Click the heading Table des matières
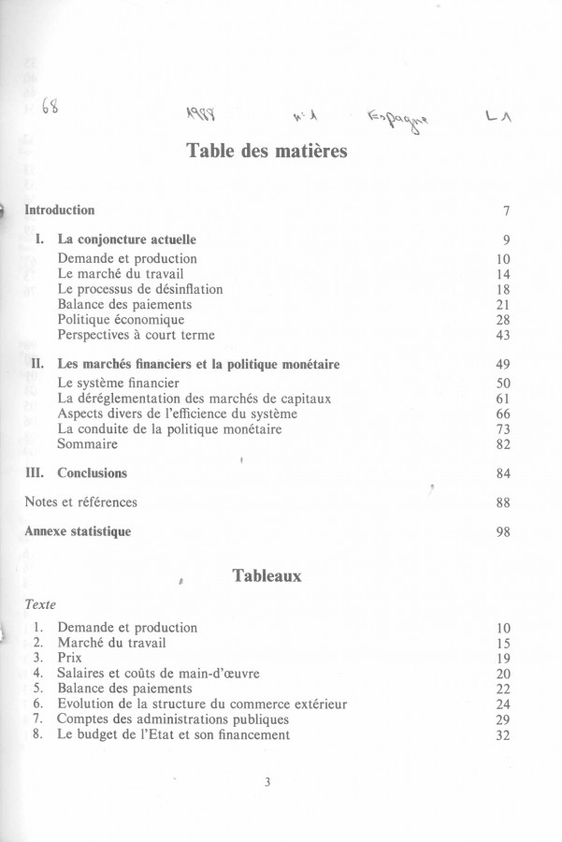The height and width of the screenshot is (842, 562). [x=267, y=151]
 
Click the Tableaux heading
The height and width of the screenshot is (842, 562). [x=267, y=576]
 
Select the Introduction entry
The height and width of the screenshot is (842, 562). [x=59, y=210]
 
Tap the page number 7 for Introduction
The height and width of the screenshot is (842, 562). [x=505, y=211]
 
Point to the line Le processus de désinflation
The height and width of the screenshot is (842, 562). [x=140, y=289]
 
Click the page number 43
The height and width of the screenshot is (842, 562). [x=502, y=335]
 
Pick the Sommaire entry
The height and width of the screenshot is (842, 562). [x=88, y=444]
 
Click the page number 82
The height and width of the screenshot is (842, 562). [x=502, y=444]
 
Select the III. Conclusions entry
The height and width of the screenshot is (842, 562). [x=77, y=473]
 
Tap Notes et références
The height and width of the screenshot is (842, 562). [x=80, y=502]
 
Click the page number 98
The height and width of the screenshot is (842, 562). [x=502, y=532]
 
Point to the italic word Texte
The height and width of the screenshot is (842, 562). [x=40, y=605]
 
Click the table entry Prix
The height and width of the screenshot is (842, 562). [x=71, y=659]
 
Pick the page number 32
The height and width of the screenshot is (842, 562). [x=502, y=735]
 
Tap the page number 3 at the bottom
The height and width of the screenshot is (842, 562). [x=267, y=784]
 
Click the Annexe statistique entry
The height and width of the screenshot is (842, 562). [x=78, y=532]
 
